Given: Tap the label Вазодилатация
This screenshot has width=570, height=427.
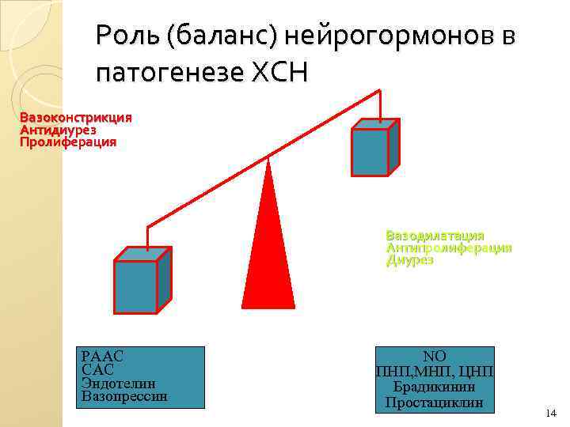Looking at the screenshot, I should (x=435, y=236).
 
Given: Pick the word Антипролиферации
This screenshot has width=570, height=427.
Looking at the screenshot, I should (x=448, y=248).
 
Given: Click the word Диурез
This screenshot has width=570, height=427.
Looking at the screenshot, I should (x=409, y=260).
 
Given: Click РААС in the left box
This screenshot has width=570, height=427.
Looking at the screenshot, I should (x=102, y=357).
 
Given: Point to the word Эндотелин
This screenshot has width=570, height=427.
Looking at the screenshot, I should (x=118, y=383).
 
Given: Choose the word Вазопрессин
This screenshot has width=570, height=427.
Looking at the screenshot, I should (x=124, y=395).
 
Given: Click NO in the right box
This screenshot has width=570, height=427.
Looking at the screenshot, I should (x=435, y=357).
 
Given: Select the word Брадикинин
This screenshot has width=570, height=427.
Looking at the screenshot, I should (x=435, y=387).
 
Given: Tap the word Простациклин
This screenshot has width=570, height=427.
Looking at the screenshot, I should (x=435, y=402).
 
